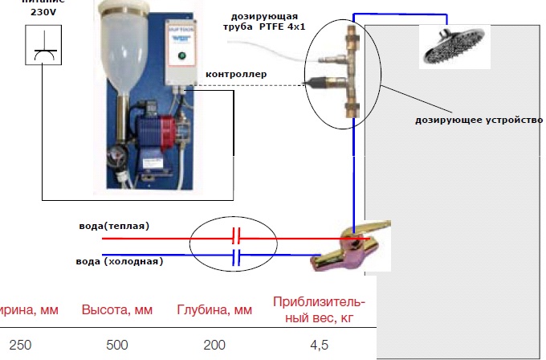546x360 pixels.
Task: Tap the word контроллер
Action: pyautogui.click(x=236, y=76)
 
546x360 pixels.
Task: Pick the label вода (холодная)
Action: pyautogui.click(x=121, y=260)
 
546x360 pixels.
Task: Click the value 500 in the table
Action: pyautogui.click(x=116, y=345)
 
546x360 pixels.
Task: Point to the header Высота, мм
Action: pyautogui.click(x=117, y=310)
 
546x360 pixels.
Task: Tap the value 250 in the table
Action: pyautogui.click(x=20, y=345)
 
